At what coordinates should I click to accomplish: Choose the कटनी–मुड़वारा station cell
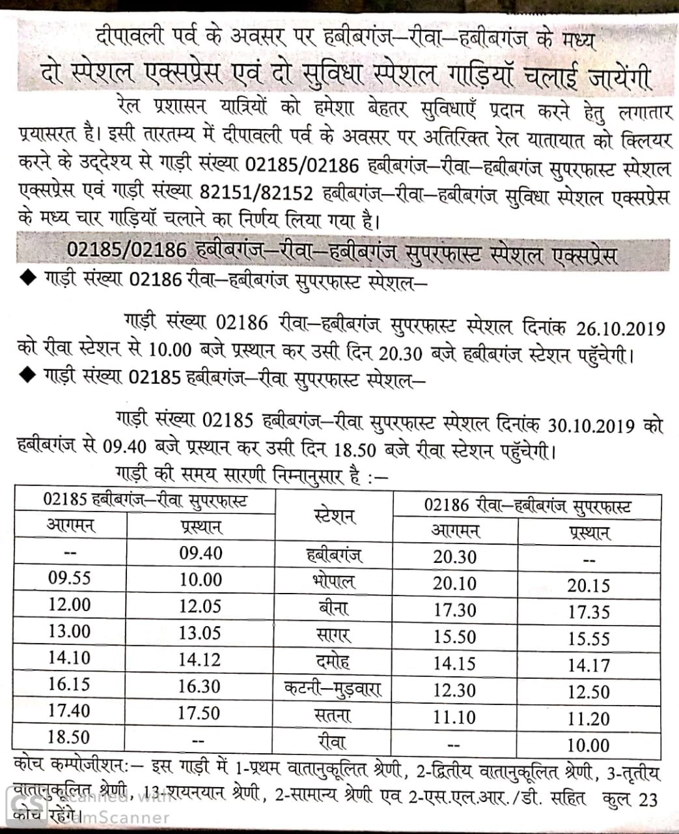[333, 687]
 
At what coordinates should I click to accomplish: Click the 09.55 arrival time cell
[69, 578]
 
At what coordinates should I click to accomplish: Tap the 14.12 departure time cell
[200, 659]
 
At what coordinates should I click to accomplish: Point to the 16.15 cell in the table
[69, 685]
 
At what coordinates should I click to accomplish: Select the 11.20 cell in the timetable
[589, 719]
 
